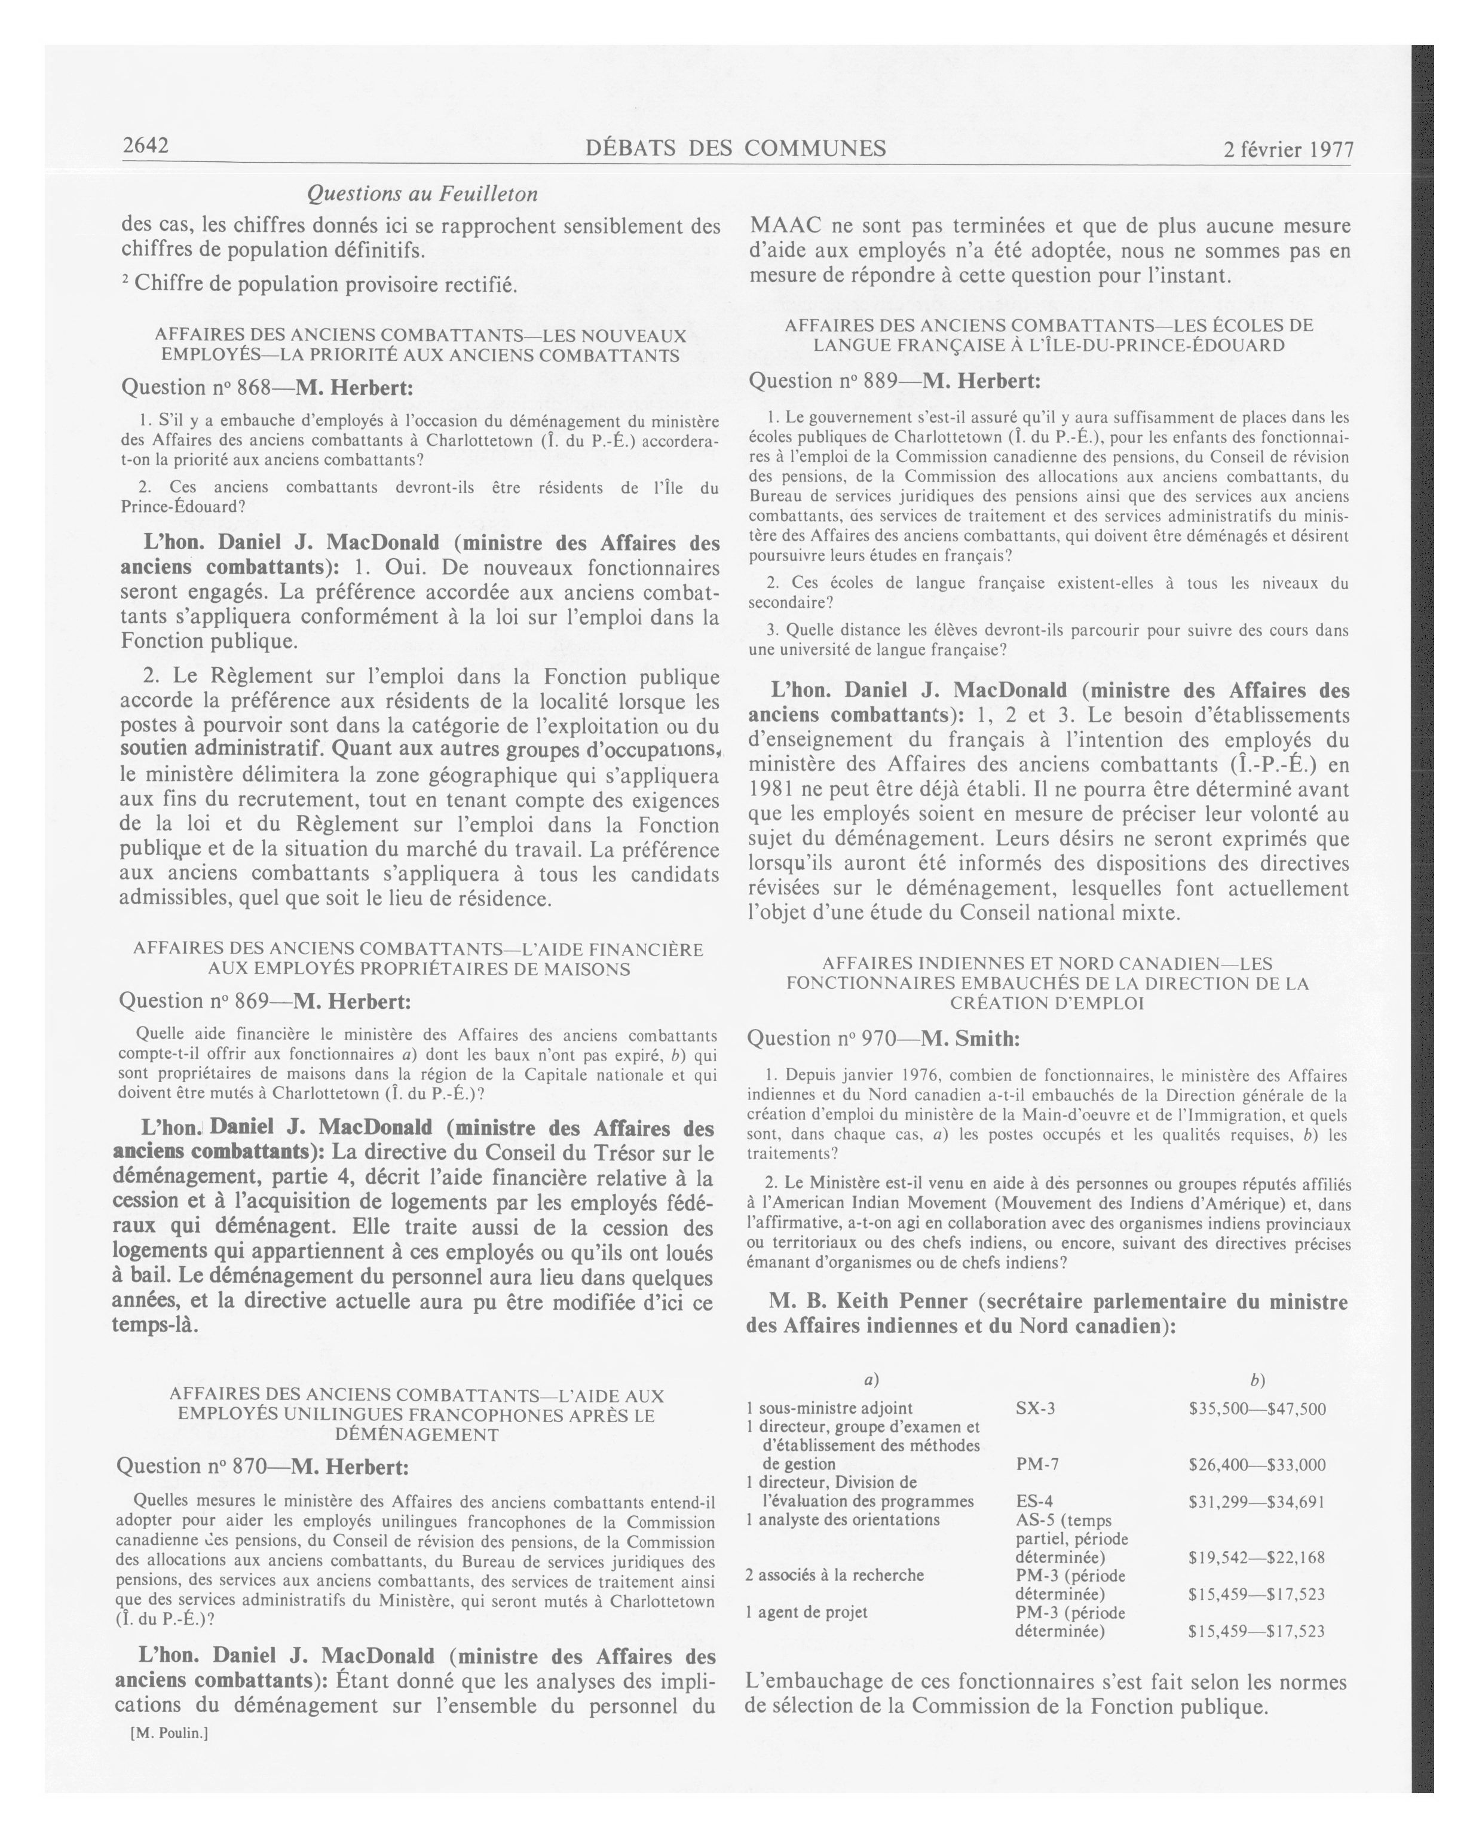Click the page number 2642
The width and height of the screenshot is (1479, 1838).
click(145, 146)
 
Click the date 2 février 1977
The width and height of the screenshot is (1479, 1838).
click(1288, 150)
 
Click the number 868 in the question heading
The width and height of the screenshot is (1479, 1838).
click(253, 388)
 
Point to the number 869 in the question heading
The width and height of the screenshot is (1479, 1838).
click(252, 1001)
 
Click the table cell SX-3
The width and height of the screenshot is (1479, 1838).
click(1035, 1408)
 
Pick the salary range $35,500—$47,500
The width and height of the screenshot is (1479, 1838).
click(1257, 1409)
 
